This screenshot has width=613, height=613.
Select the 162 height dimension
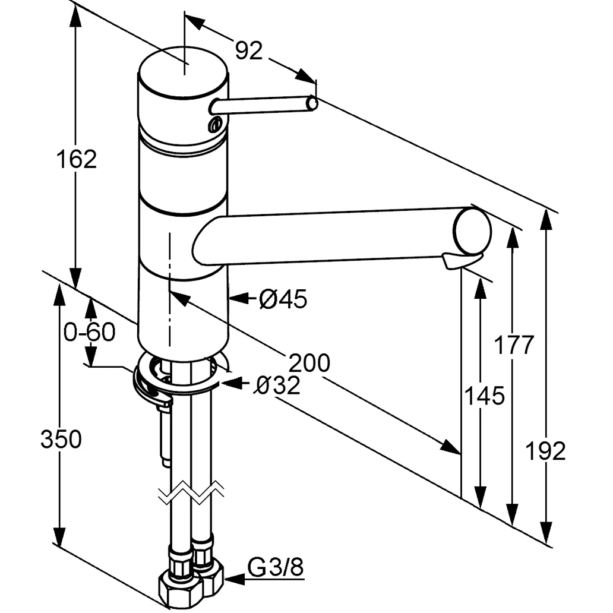(x=76, y=159)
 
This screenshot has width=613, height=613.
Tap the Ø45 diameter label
(x=283, y=300)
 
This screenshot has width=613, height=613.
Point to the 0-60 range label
(x=89, y=332)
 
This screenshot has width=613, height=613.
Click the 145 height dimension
(x=485, y=395)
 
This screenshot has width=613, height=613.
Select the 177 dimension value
(x=514, y=345)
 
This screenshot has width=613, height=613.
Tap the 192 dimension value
(x=546, y=451)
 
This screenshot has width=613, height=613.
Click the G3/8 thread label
(x=276, y=568)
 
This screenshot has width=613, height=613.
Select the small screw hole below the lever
(x=214, y=124)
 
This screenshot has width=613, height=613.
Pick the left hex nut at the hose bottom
(x=175, y=588)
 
